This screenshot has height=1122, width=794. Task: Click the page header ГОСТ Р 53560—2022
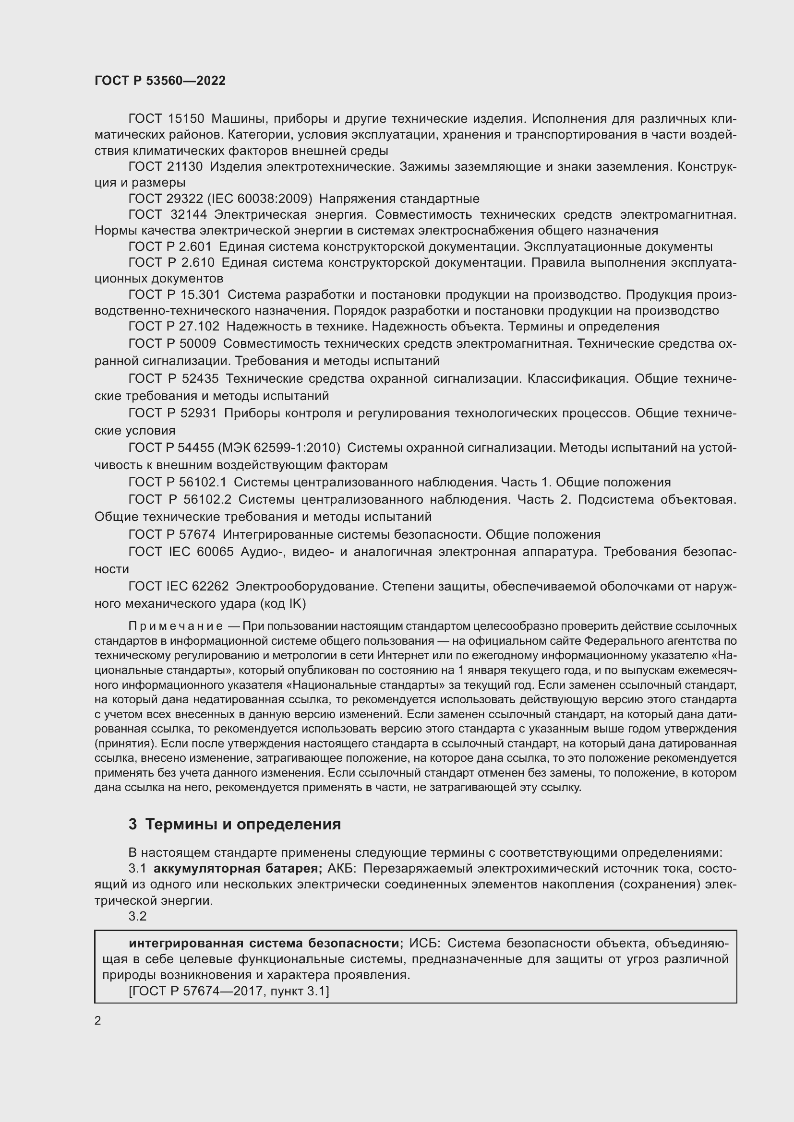tap(160, 81)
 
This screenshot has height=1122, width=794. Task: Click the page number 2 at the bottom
tap(98, 1020)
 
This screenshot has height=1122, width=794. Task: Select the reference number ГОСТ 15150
tap(166, 119)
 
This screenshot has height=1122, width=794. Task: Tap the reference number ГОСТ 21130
tap(165, 166)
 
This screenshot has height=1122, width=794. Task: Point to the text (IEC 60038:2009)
tap(260, 199)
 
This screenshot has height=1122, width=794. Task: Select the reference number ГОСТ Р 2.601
tap(169, 247)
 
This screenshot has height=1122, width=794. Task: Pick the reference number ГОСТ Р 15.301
tap(174, 295)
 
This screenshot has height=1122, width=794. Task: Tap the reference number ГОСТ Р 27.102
tap(174, 327)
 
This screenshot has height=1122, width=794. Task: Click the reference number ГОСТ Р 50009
tap(172, 344)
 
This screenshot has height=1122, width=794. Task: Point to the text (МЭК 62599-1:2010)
tap(279, 448)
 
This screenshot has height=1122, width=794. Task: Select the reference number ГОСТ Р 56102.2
tap(180, 499)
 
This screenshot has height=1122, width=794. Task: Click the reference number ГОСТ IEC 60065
tap(180, 552)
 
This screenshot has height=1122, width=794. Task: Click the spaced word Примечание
tap(176, 626)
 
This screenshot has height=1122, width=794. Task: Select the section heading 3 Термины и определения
tap(235, 825)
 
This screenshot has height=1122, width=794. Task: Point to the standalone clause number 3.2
tap(137, 916)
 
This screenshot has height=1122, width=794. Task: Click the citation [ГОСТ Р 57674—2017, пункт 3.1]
tap(229, 991)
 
